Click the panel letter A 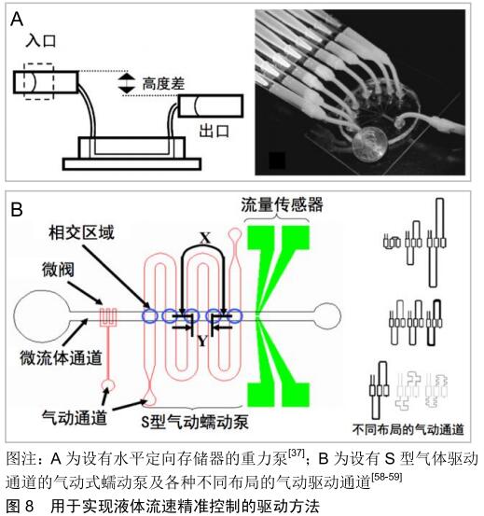pyautogui.click(x=17, y=20)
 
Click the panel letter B pyautogui.click(x=17, y=210)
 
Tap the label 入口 pyautogui.click(x=41, y=41)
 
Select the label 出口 pyautogui.click(x=214, y=131)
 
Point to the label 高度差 pyautogui.click(x=163, y=84)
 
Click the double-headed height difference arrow pyautogui.click(x=126, y=83)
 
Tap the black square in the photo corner pyautogui.click(x=277, y=160)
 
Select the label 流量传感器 pyautogui.click(x=283, y=204)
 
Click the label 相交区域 pyautogui.click(x=81, y=232)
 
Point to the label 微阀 pyautogui.click(x=58, y=270)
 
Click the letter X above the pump pyautogui.click(x=205, y=238)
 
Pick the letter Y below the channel pyautogui.click(x=202, y=342)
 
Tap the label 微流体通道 pyautogui.click(x=61, y=357)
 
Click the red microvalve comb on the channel pyautogui.click(x=108, y=317)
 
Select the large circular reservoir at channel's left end pyautogui.click(x=42, y=316)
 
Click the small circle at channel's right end pyautogui.click(x=326, y=316)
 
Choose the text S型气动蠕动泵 pyautogui.click(x=195, y=421)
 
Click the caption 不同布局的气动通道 pyautogui.click(x=408, y=429)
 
